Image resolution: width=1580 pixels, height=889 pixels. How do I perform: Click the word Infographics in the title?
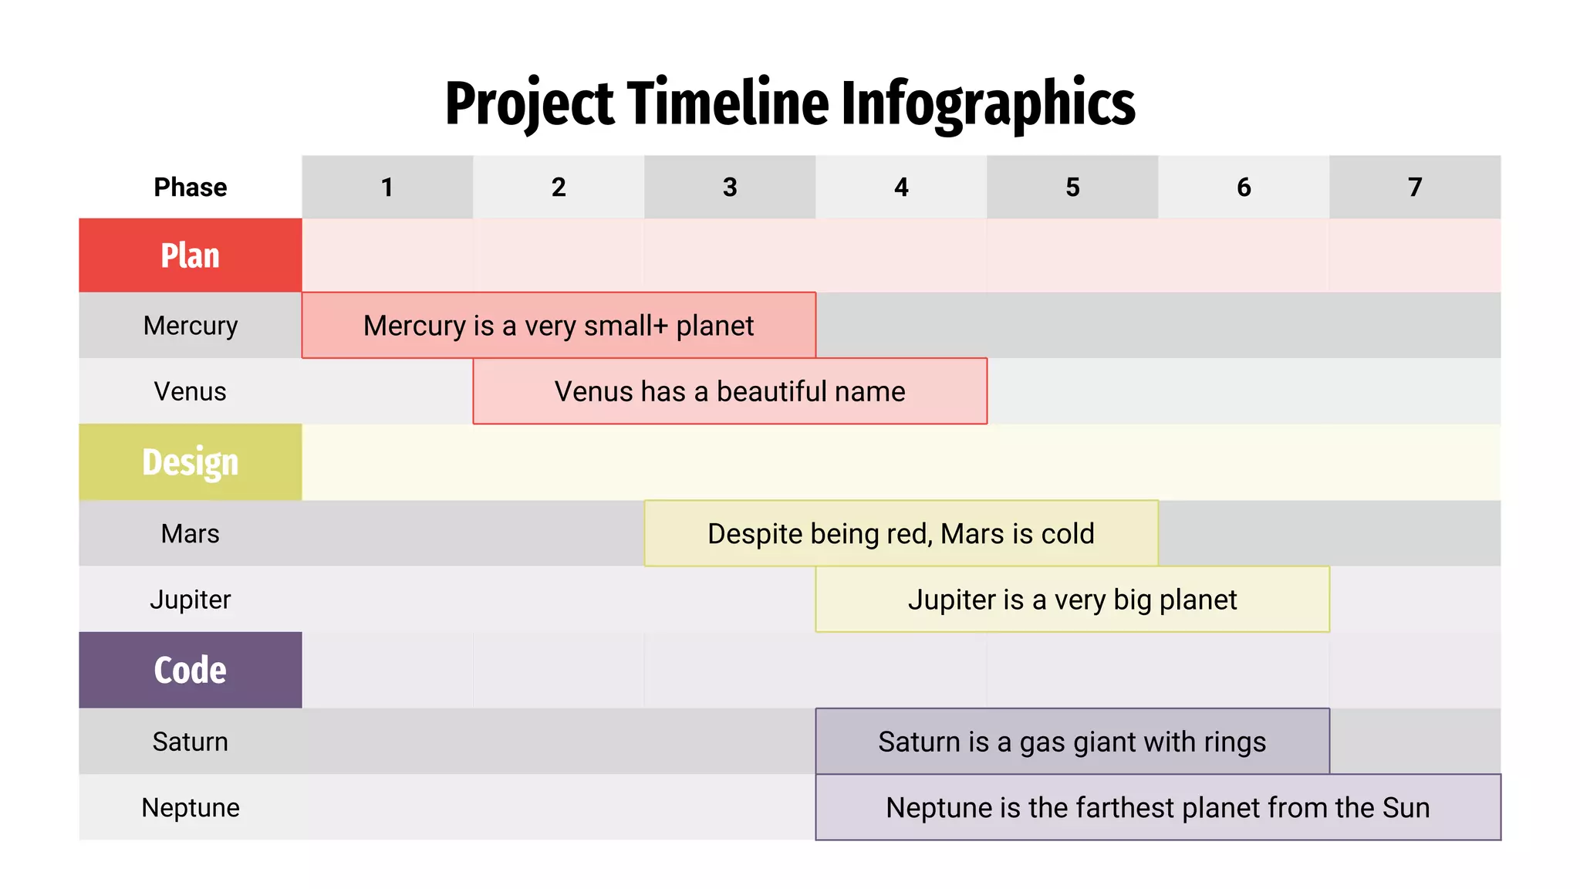987,104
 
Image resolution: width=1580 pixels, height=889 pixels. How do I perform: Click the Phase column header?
190,187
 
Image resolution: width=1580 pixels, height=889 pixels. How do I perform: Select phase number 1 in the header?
387,187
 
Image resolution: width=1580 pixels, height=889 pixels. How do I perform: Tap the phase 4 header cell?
901,187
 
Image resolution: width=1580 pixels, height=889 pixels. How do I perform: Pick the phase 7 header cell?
1415,187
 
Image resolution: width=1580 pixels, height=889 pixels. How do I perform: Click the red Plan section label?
190,255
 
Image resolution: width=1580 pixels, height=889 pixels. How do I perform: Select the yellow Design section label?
190,462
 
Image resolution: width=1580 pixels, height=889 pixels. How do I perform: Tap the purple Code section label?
190,670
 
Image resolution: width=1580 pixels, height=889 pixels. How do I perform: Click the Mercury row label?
190,326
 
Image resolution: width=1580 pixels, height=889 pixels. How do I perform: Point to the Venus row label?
190,391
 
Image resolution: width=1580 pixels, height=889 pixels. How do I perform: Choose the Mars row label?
190,533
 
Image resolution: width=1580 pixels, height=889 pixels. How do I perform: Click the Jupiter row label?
190,600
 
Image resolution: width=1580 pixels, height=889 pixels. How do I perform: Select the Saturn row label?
190,742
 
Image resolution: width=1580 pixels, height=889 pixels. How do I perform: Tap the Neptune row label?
190,807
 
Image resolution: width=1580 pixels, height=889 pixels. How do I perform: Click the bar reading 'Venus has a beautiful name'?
730,391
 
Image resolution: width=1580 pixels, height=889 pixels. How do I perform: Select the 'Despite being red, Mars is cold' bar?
901,533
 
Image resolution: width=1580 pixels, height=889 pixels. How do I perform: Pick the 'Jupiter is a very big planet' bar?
1072,600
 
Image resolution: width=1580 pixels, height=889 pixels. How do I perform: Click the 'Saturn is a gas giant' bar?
1072,742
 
